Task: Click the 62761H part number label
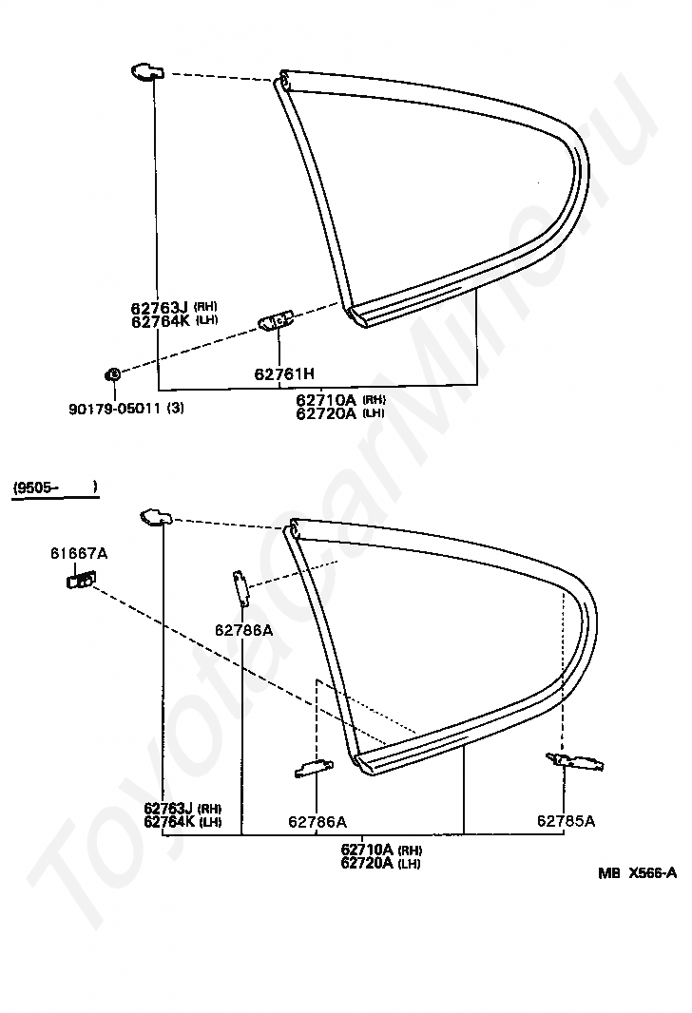click(x=279, y=374)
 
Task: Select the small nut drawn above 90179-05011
click(x=112, y=373)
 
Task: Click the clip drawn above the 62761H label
click(x=277, y=321)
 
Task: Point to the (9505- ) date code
click(x=54, y=488)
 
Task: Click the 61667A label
click(x=79, y=553)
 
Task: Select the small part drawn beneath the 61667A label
click(x=81, y=579)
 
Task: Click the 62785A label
click(x=567, y=821)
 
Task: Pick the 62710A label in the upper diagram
click(x=325, y=400)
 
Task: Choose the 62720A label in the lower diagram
click(x=366, y=863)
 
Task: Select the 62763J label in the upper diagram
click(x=161, y=307)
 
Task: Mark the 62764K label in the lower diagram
click(x=170, y=821)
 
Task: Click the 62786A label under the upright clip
click(x=243, y=629)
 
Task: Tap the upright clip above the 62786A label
click(x=241, y=587)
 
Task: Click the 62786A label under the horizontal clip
click(x=317, y=821)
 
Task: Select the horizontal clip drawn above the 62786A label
click(x=314, y=768)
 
